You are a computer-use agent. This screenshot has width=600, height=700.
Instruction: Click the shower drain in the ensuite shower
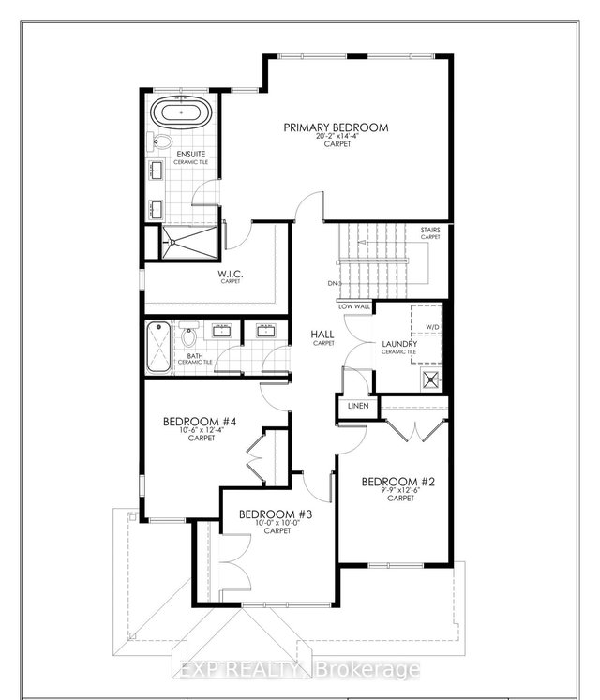coord(172,240)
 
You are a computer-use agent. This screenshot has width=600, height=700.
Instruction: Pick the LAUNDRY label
coord(399,345)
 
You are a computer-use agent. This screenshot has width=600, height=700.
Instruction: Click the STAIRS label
coord(429,229)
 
